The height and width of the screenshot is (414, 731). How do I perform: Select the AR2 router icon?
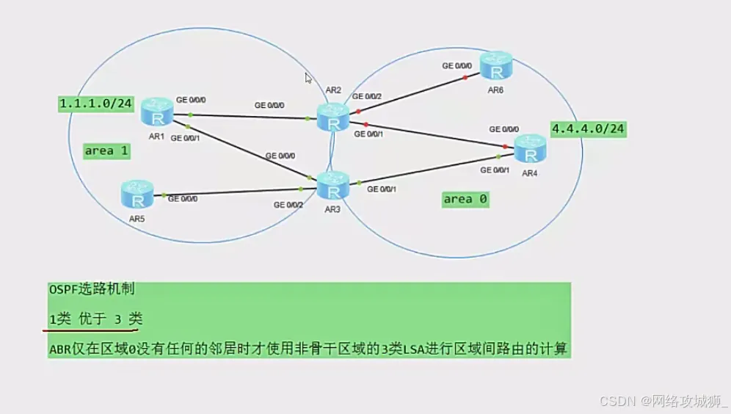334,117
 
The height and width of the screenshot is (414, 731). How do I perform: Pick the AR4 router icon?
530,149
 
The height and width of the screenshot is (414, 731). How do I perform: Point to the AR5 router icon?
137,195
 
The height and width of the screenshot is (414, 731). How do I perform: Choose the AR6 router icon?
497,65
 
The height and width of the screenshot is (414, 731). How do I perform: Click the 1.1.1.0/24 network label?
95,104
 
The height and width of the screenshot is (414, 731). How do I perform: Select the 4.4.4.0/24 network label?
588,129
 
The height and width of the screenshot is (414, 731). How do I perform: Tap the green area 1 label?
107,150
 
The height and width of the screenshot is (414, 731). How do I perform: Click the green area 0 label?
465,199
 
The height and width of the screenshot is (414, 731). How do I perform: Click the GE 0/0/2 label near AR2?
367,96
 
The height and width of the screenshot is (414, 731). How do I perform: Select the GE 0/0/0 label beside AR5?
183,198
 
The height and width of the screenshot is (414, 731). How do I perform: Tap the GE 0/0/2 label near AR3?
288,205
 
